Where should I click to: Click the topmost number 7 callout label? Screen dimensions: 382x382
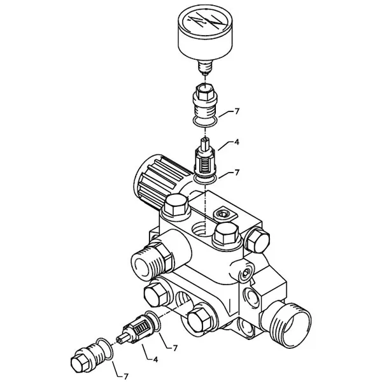coord(237,111)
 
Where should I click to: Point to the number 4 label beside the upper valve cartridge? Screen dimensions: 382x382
coord(236,142)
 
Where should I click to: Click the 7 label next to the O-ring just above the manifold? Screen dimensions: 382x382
coord(237,173)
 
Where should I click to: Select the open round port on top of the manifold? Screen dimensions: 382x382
coord(201,229)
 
